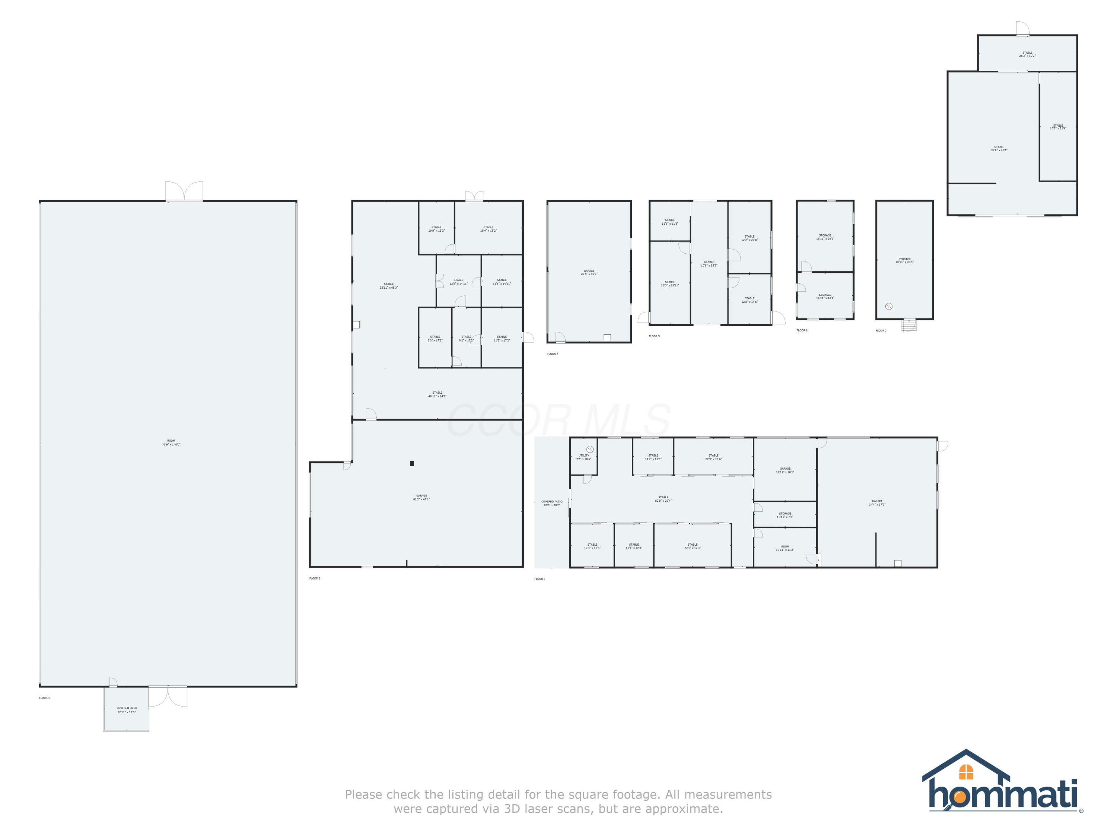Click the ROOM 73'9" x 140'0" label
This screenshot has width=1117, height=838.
pos(171,442)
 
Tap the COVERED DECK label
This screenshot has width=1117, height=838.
pos(127,710)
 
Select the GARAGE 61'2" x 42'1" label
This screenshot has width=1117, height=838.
pos(421,498)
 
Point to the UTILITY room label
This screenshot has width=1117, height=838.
pos(584,457)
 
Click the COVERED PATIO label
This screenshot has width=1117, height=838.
pos(551,503)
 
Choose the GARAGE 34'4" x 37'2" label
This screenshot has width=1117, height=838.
pos(877,502)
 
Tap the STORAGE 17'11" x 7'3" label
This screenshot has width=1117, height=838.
pos(785,515)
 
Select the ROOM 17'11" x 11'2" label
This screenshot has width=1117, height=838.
pos(785,548)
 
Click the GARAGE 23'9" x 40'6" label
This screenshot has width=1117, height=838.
pos(589,272)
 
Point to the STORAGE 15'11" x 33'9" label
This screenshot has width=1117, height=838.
pos(904,260)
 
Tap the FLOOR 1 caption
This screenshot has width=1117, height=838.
pos(44,698)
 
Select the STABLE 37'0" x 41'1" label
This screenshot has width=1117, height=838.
pos(999,149)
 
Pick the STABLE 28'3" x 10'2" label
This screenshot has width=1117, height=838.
pos(1027,54)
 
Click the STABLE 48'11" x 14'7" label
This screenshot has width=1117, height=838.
pos(437,394)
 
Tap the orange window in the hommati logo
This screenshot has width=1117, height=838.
pos(965,772)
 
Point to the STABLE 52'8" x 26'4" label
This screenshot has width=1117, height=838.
pos(663,499)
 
